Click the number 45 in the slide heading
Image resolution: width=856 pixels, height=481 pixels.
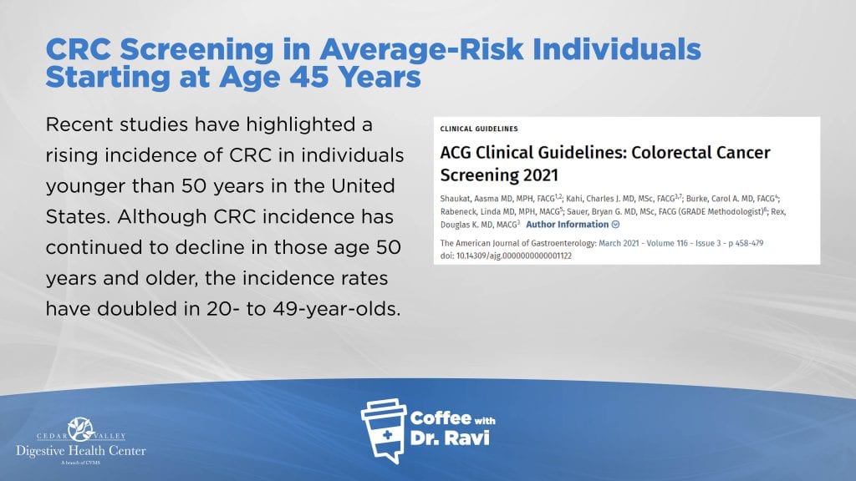tap(308, 77)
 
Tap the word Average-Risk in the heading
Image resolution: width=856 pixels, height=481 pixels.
tap(421, 49)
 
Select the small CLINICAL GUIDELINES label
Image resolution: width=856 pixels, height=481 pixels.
tap(479, 129)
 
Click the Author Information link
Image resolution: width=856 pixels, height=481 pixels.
tap(568, 224)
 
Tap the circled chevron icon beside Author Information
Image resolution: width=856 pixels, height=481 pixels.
tap(616, 224)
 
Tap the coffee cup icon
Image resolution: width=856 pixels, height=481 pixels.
tap(384, 431)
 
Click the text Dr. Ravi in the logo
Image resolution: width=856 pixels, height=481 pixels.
tap(450, 438)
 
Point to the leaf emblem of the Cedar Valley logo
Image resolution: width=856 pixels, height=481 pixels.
tap(81, 429)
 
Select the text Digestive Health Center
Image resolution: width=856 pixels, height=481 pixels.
tap(81, 451)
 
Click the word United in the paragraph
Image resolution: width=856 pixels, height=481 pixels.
tap(363, 186)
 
